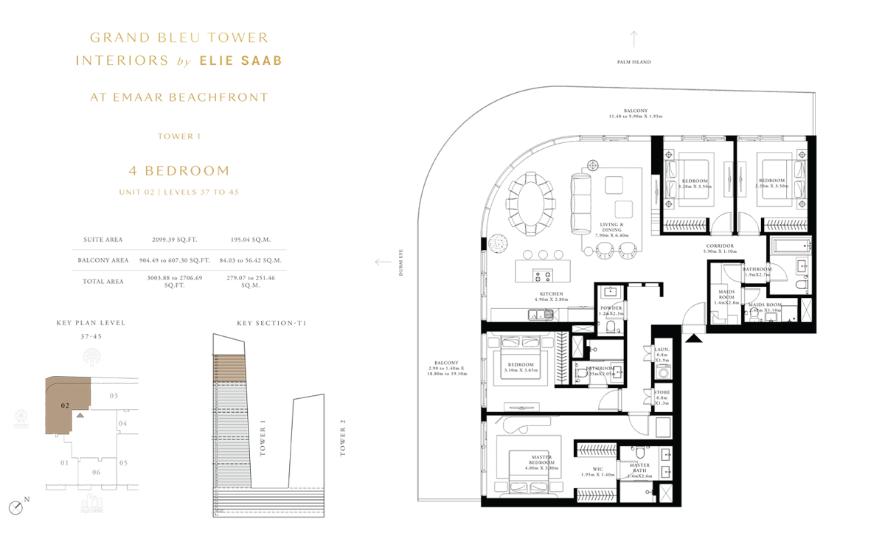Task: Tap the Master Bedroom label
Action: click(541, 462)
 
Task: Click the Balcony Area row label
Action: click(103, 260)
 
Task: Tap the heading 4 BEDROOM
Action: click(179, 171)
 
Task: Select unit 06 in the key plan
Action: click(96, 472)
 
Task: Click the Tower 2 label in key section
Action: click(342, 438)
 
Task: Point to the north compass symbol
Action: click(15, 507)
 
